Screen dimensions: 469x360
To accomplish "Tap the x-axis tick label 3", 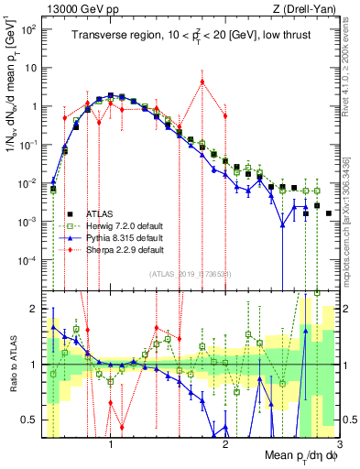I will point(340,444).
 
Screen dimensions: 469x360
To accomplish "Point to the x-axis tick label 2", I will point(226,444).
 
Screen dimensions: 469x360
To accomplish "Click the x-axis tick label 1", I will point(111,444).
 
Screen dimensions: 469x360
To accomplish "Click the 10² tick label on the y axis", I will point(30,28).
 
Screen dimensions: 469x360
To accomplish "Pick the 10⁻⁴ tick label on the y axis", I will point(30,260).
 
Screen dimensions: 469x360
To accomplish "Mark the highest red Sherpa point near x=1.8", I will point(202,82).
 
